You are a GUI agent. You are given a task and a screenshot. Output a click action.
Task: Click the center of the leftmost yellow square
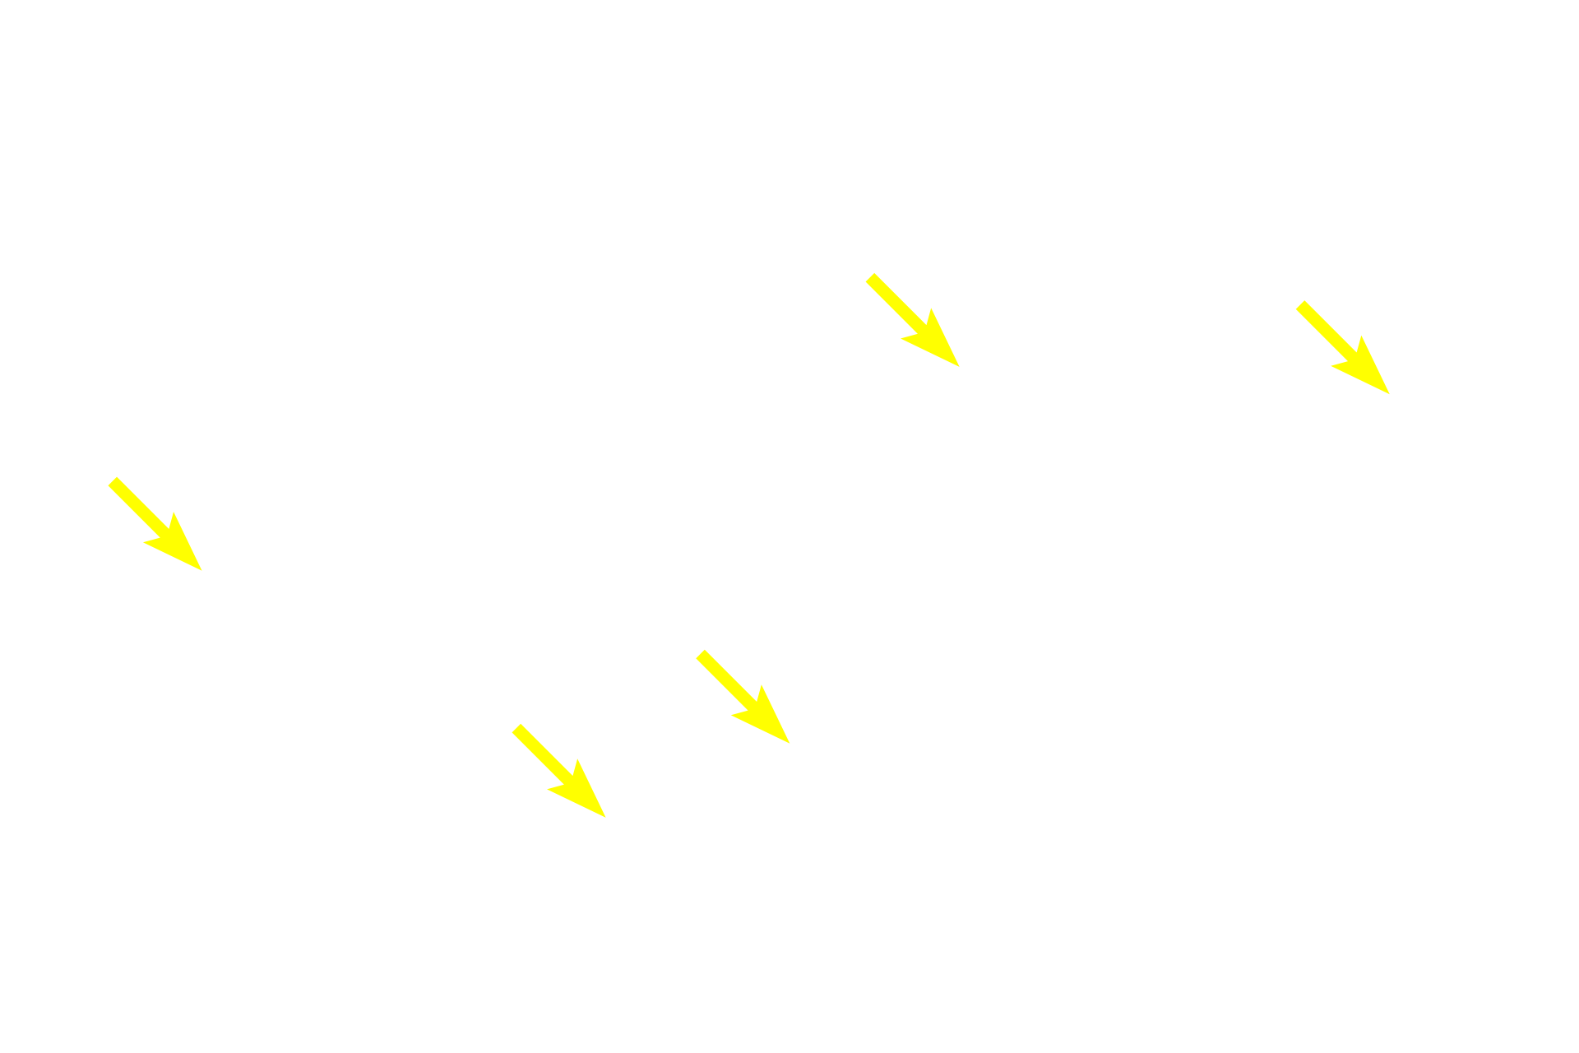pos(155,523)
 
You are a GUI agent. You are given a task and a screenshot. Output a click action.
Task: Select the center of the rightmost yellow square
pos(1342,347)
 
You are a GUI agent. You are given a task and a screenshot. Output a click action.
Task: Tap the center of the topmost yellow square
pos(912,320)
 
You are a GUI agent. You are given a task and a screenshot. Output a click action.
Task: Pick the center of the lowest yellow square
pos(558,770)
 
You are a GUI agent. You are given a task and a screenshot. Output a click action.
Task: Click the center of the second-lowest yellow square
pos(743,696)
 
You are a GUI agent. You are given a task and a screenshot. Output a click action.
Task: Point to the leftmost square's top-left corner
pos(108,475)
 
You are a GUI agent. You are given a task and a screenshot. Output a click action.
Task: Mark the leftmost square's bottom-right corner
pos(203,572)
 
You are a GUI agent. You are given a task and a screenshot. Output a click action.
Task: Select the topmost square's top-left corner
pos(864,272)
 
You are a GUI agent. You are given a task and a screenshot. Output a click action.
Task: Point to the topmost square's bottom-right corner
pos(961,368)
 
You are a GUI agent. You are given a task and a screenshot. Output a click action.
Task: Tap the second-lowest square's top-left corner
pos(695,648)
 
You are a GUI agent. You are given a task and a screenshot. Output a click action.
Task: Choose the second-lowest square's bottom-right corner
pos(791,745)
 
